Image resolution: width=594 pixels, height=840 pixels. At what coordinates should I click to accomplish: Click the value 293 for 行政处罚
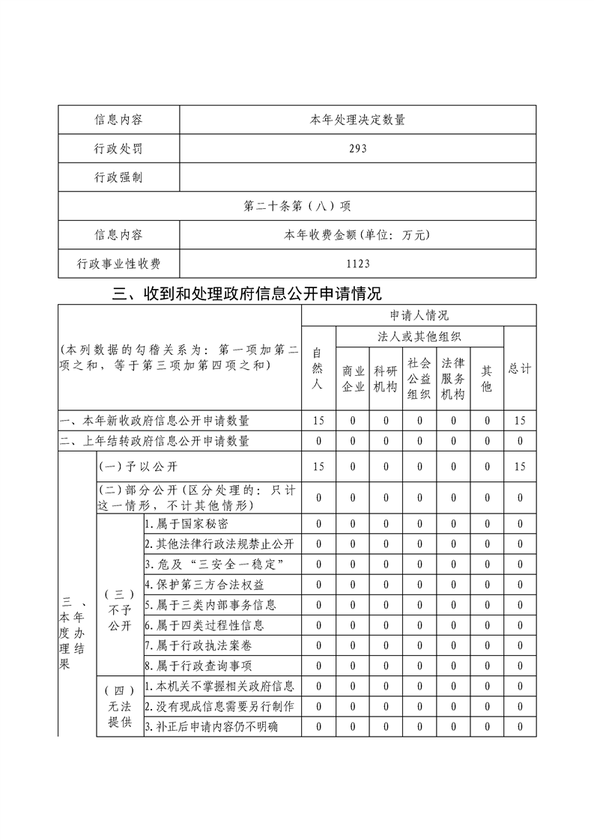(357, 148)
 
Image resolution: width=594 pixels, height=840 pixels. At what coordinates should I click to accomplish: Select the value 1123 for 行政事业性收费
(357, 264)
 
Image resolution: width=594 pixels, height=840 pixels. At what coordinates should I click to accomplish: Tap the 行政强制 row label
(118, 177)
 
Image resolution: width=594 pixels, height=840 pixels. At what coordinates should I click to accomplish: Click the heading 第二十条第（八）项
(297, 206)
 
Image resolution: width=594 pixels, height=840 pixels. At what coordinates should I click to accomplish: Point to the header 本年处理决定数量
(357, 120)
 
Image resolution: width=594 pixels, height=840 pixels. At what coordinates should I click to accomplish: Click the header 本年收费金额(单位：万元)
(357, 235)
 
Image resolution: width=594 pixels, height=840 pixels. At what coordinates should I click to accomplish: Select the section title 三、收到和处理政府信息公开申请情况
(246, 293)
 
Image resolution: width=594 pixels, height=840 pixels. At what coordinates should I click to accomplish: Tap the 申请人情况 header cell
(419, 315)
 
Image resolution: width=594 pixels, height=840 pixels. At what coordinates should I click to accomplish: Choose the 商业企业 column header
(353, 378)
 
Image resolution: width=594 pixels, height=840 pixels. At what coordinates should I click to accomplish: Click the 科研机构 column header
(386, 378)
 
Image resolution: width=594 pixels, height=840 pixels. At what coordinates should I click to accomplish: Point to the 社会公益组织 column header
(419, 378)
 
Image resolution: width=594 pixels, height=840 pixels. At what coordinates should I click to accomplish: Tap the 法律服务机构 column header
(453, 378)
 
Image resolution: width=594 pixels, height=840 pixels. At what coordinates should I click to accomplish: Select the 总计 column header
(520, 369)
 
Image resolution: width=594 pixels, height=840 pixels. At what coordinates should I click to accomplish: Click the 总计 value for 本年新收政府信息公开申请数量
(520, 421)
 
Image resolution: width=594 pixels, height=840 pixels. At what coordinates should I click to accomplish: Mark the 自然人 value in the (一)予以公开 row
(318, 467)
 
